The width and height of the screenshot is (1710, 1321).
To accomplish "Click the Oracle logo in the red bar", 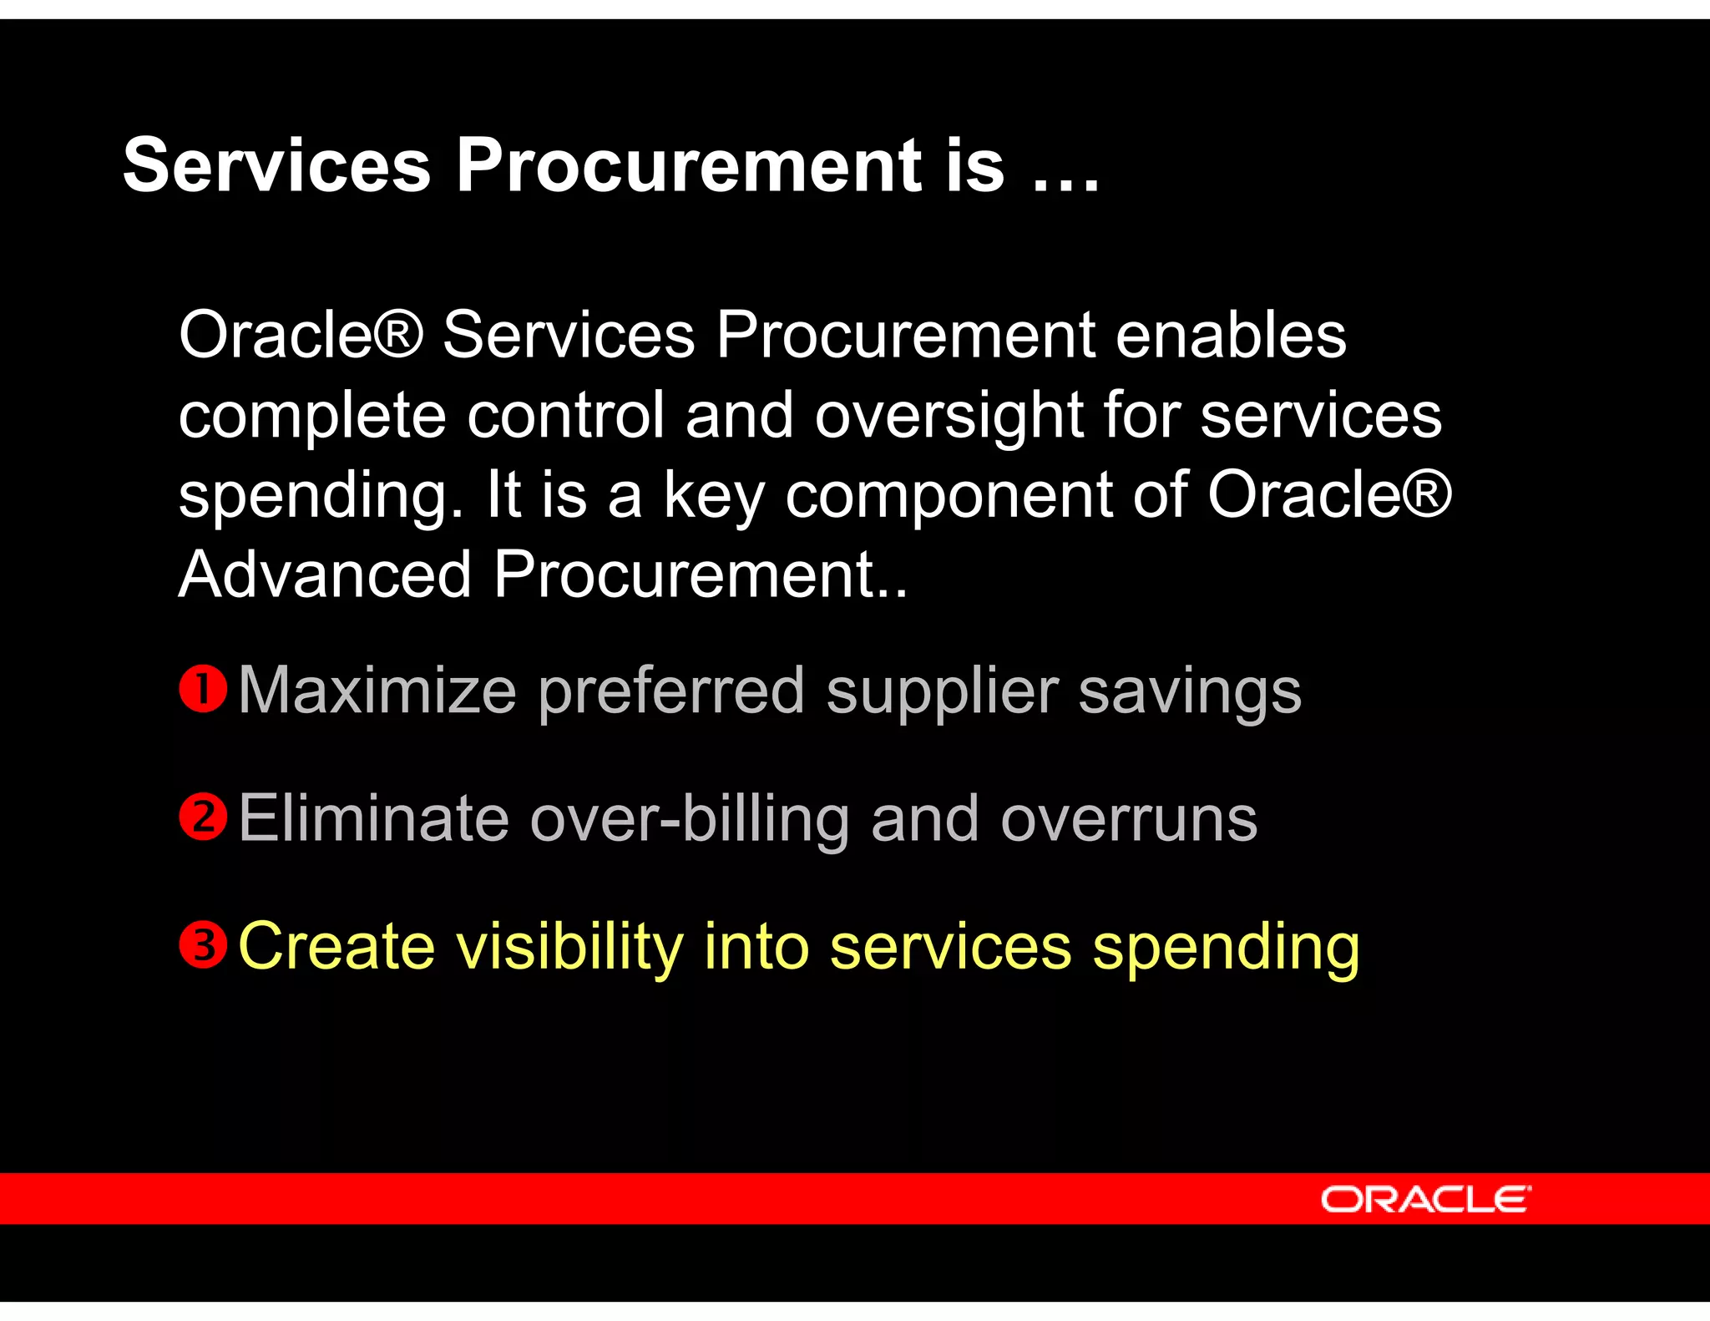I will click(1425, 1200).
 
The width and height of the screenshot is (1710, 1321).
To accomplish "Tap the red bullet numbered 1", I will click(203, 690).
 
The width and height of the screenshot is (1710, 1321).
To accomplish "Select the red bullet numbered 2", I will click(203, 817).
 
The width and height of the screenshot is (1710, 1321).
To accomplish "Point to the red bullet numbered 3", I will click(203, 945).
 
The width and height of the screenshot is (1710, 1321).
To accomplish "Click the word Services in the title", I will click(276, 165).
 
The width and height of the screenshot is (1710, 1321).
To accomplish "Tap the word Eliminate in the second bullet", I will click(373, 818).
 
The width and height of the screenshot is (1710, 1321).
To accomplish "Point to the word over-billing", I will click(690, 818).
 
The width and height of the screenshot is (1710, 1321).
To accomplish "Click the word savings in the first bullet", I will click(1189, 691).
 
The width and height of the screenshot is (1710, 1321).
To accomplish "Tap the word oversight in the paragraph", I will click(949, 415).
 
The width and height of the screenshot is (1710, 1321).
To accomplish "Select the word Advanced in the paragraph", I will click(326, 574).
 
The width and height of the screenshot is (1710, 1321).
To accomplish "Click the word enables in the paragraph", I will click(1231, 335).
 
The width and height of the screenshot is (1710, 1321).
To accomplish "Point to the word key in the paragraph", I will click(714, 494).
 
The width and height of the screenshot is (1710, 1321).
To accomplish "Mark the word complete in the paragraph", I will click(312, 415).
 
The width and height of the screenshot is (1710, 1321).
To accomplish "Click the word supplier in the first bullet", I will click(942, 691).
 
